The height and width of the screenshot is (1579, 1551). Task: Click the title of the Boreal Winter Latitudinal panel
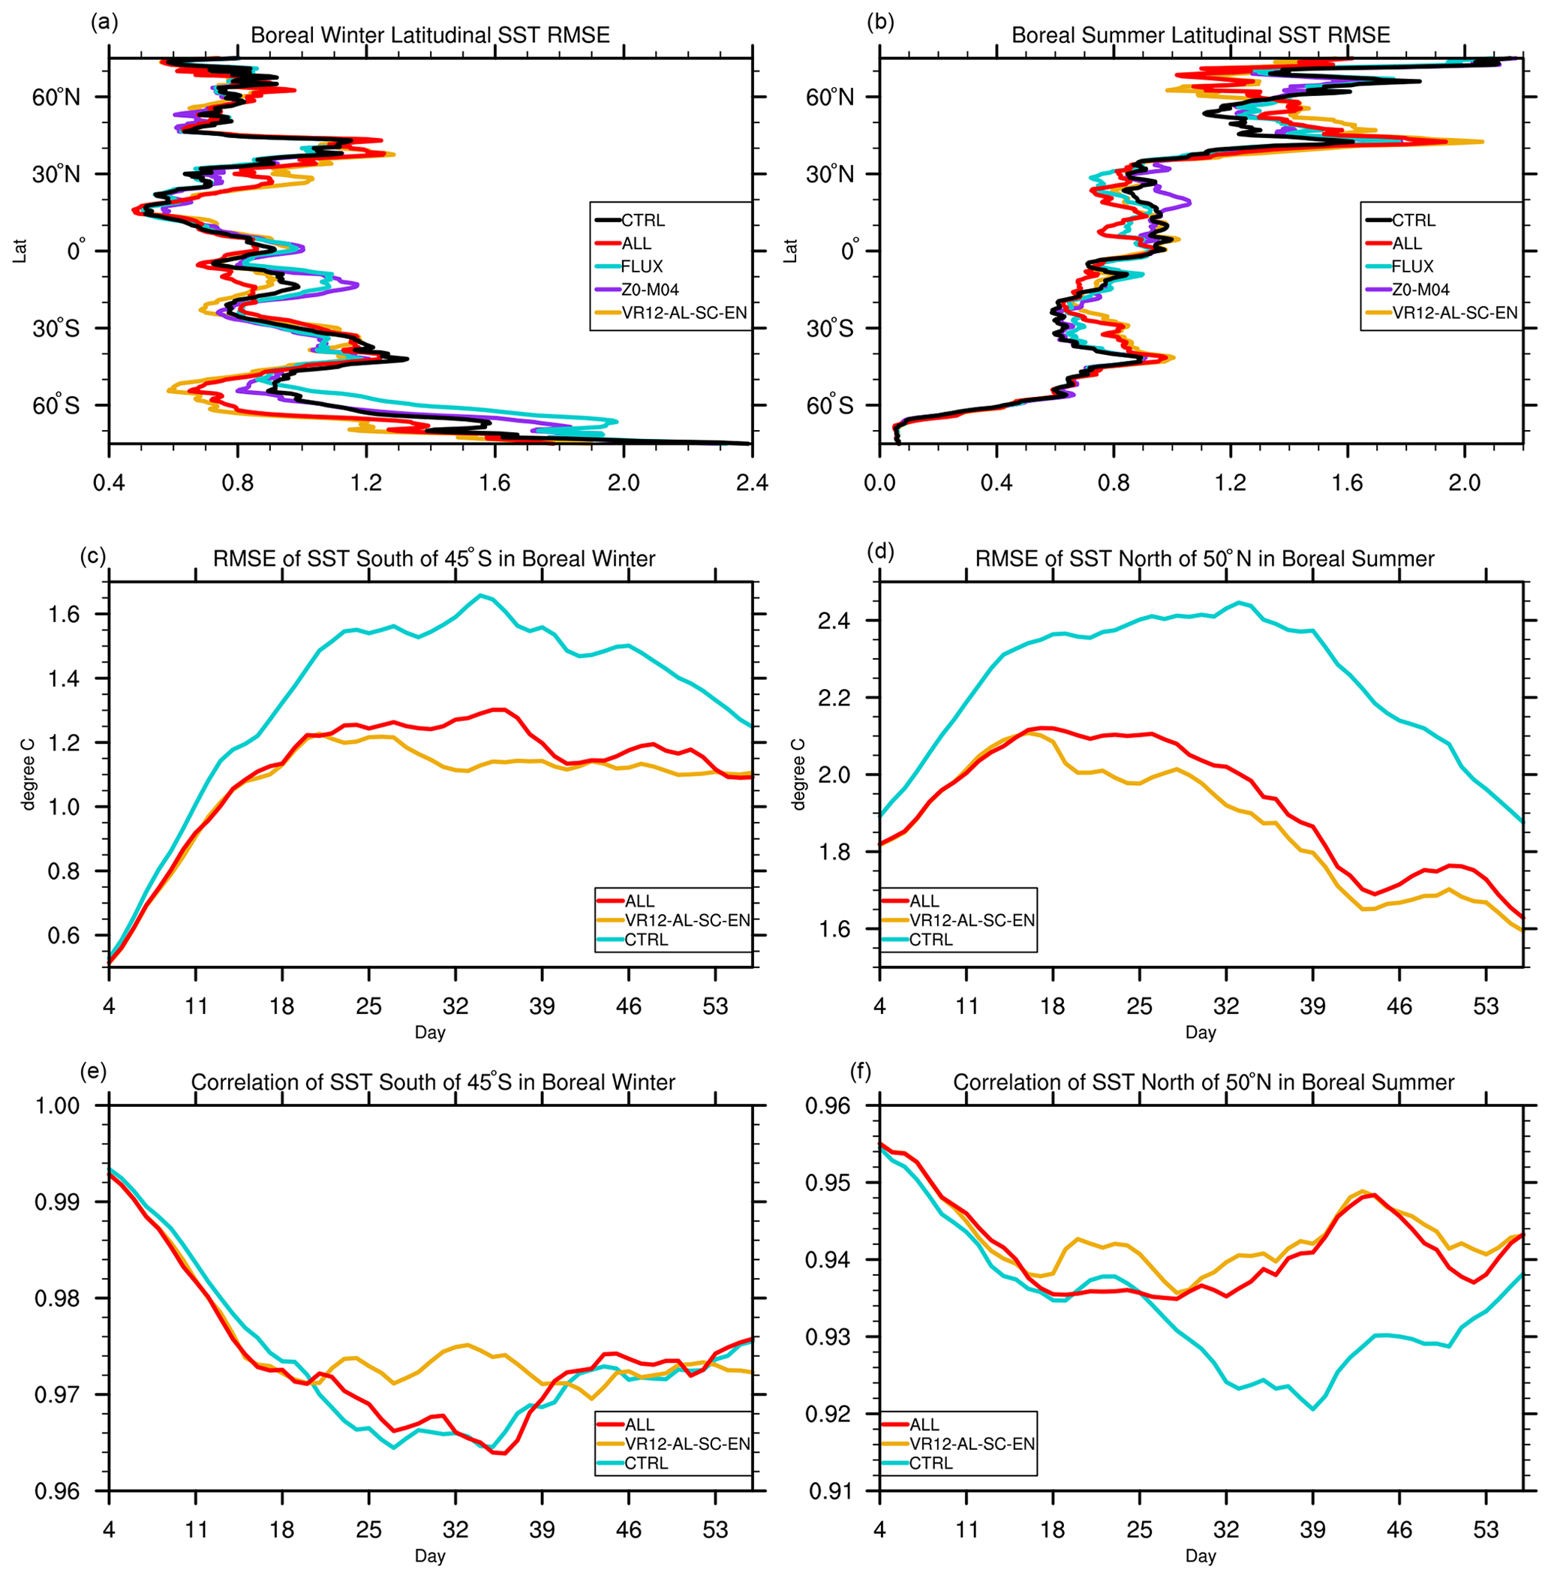tap(429, 36)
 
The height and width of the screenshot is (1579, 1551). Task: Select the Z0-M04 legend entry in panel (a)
tap(649, 289)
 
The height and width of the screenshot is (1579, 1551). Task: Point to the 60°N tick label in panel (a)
tap(56, 97)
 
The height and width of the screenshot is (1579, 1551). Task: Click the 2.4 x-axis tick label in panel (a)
tap(751, 483)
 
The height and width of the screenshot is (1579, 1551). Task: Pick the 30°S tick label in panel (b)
tap(829, 329)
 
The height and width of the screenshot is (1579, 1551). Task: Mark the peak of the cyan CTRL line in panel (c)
tap(482, 596)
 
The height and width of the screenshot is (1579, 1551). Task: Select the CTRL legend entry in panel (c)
tap(646, 940)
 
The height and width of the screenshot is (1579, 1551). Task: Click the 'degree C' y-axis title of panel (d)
tap(799, 774)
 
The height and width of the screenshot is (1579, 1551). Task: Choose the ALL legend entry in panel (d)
tap(924, 901)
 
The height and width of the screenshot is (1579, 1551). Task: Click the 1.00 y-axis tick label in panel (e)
tap(57, 1105)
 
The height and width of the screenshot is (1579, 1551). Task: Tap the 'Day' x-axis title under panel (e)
tap(429, 1556)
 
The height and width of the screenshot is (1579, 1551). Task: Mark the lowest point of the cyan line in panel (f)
tap(1312, 1409)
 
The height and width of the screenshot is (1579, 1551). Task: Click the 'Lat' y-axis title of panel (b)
tap(790, 250)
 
